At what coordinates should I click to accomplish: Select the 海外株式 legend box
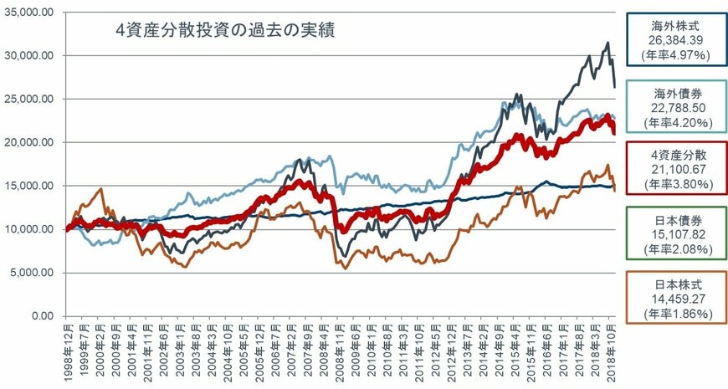tap(674, 39)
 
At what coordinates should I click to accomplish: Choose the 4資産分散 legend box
tap(674, 170)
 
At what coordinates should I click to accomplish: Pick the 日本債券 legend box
tap(674, 235)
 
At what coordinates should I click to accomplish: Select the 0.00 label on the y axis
tap(41, 316)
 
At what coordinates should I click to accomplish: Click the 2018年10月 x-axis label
tap(613, 351)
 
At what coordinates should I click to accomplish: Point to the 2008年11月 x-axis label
tap(341, 351)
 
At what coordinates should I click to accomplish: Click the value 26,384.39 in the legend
tap(674, 40)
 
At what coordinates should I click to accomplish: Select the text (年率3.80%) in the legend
tap(674, 185)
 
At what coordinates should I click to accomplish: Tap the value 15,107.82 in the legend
tap(674, 235)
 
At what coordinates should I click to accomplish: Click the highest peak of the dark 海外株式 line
tap(608, 44)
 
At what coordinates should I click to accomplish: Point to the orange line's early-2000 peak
tap(100, 189)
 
